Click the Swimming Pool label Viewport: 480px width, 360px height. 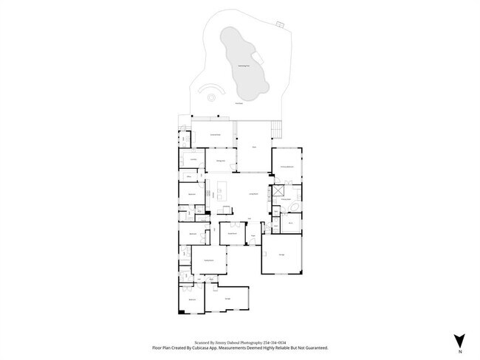[x=242, y=67]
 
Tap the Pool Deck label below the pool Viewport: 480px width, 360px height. [x=239, y=103]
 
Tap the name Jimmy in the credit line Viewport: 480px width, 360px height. [x=223, y=342]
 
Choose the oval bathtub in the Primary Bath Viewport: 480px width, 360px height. [x=295, y=207]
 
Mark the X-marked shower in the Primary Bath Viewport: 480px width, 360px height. [x=279, y=189]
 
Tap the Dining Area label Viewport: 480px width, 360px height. [x=220, y=161]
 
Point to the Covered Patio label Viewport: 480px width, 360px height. [x=216, y=135]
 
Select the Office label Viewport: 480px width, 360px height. [x=189, y=177]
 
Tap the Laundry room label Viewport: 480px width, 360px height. [x=193, y=159]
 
